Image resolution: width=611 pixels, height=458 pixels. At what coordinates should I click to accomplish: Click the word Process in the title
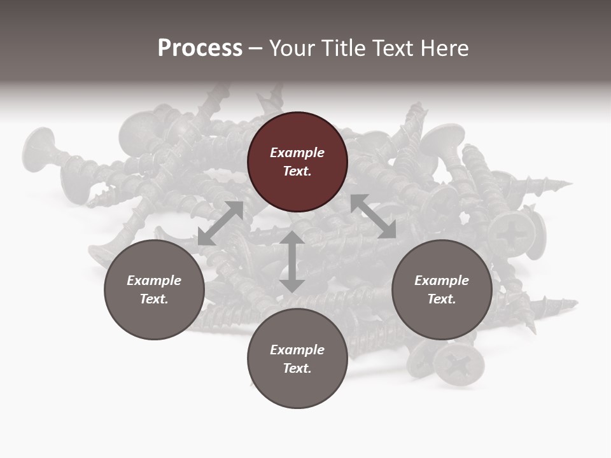tap(200, 48)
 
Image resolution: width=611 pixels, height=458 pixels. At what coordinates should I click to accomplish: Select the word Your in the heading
tap(290, 48)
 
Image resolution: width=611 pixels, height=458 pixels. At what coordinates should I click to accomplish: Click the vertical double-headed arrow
tap(292, 261)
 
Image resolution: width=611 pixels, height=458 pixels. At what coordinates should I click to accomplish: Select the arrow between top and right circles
tap(373, 216)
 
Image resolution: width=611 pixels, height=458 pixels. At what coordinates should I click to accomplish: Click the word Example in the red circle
tap(297, 153)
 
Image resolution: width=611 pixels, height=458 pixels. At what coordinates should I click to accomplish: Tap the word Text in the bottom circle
tap(297, 368)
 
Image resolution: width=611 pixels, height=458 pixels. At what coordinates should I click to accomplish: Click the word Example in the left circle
tap(154, 281)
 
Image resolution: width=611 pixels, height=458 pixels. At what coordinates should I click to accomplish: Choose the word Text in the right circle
tap(442, 299)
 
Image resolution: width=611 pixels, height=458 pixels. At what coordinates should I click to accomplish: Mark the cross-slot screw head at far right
tap(513, 233)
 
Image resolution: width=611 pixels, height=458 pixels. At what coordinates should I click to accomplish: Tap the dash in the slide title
tap(256, 48)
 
